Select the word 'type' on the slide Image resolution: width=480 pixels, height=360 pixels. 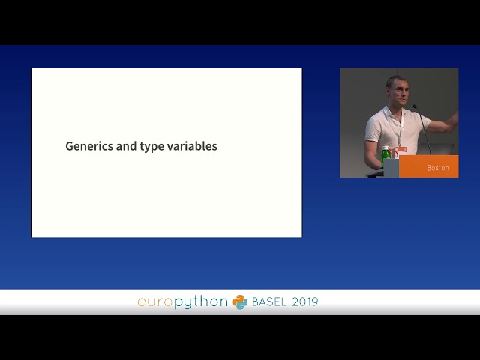[151, 147]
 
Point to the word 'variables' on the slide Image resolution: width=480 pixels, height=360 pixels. [192, 146]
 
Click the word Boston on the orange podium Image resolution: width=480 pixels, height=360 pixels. [438, 168]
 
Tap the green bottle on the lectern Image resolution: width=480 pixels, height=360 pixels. [385, 157]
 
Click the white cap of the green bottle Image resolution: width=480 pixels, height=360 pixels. [385, 148]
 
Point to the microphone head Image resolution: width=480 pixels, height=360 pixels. [415, 106]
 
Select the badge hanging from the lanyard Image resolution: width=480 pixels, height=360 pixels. [400, 150]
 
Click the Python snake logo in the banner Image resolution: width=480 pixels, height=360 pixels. [240, 302]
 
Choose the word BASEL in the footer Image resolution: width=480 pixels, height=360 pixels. [269, 301]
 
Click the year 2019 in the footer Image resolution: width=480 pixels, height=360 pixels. [305, 301]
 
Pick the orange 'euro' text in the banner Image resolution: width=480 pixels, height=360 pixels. [155, 302]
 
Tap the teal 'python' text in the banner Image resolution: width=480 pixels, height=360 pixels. [201, 302]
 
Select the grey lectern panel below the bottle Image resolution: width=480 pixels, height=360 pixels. [391, 168]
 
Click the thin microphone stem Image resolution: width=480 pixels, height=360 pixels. [424, 130]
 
